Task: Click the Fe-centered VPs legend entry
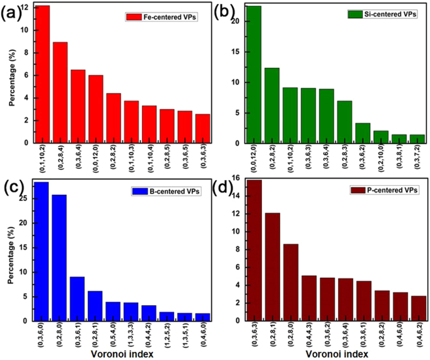point(166,14)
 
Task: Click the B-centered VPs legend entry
point(166,191)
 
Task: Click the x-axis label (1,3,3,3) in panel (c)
point(131,336)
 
